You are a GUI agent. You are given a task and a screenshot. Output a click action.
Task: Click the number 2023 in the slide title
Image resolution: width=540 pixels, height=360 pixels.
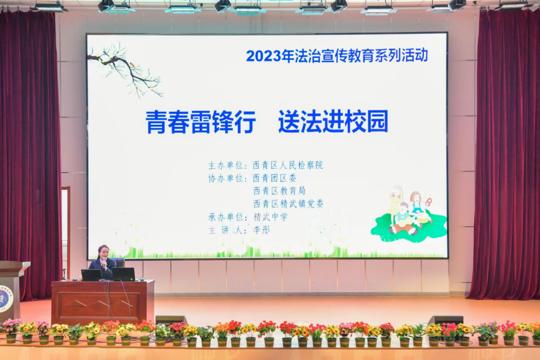[x=262, y=55]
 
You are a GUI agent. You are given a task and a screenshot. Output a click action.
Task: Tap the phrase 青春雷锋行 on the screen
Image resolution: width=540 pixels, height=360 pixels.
[x=200, y=121]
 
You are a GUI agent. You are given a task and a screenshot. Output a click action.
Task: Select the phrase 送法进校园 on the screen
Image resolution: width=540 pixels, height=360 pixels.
[x=333, y=121]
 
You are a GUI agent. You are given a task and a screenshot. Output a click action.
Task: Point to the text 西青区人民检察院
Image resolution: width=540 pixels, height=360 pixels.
[x=287, y=165]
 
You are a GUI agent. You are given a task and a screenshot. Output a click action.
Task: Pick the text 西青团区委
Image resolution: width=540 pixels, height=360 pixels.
[x=274, y=178]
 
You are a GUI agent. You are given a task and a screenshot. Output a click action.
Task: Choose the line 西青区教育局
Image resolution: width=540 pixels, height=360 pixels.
[x=279, y=191]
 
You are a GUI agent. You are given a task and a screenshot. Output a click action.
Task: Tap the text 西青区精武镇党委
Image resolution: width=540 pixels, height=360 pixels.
[x=288, y=204]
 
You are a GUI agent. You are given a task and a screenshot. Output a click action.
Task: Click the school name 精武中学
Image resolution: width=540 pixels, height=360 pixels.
[x=270, y=217]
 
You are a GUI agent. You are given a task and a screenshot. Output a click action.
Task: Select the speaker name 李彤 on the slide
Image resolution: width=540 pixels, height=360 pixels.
[x=261, y=230]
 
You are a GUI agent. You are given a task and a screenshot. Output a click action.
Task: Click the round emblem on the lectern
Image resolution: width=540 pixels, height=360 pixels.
[x=5, y=298]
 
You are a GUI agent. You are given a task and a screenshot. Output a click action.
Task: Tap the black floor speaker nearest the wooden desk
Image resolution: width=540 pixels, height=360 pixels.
[x=171, y=320]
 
